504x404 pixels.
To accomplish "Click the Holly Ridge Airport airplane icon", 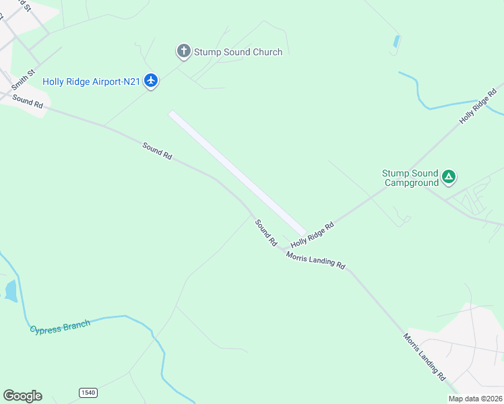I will pyautogui.click(x=151, y=81).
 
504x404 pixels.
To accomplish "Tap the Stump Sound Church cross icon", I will pyautogui.click(x=183, y=51).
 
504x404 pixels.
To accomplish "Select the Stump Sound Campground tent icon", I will pyautogui.click(x=449, y=178).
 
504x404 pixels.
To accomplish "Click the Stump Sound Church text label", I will pyautogui.click(x=238, y=52).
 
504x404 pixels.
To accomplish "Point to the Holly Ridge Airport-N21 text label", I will pyautogui.click(x=91, y=81).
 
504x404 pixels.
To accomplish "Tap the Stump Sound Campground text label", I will pyautogui.click(x=410, y=178).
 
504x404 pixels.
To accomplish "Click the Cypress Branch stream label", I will pyautogui.click(x=59, y=327).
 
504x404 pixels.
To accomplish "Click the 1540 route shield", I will pyautogui.click(x=88, y=393).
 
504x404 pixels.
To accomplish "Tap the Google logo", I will pyautogui.click(x=22, y=396).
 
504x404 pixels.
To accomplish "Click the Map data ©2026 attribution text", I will pyautogui.click(x=475, y=399).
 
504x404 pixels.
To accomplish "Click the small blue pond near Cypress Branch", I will pyautogui.click(x=11, y=291).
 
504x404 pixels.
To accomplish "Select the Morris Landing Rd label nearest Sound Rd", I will pyautogui.click(x=315, y=260).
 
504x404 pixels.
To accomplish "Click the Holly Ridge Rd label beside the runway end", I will pyautogui.click(x=312, y=234).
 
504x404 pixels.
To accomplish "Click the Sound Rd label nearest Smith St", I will pyautogui.click(x=28, y=102).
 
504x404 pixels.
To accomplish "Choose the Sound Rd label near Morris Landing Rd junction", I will pyautogui.click(x=266, y=232).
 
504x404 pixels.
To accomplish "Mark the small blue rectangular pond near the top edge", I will pyautogui.click(x=397, y=41).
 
